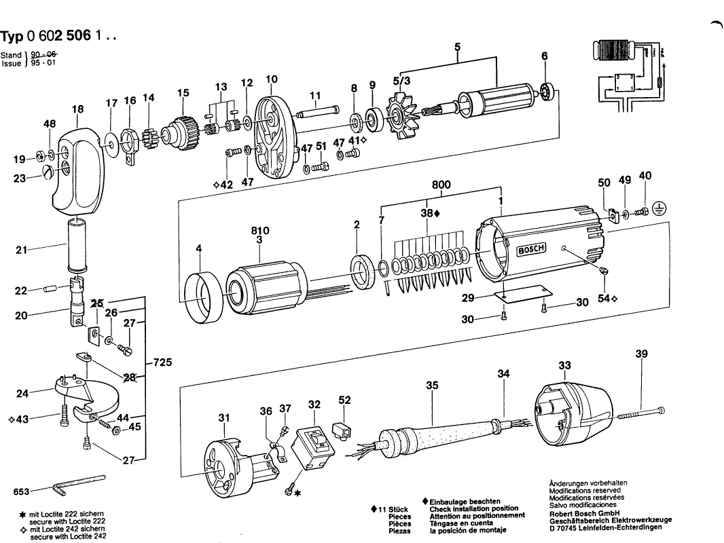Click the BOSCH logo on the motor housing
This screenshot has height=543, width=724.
point(532,250)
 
